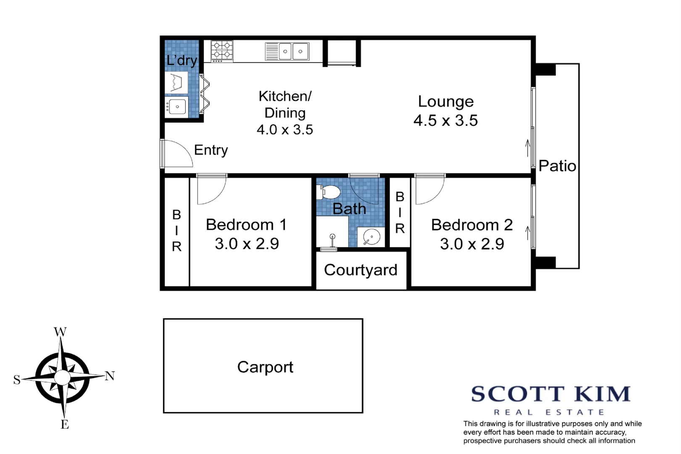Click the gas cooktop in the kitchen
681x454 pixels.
[x=222, y=51]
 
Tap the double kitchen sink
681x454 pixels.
[x=288, y=51]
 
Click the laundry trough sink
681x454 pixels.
[x=176, y=107]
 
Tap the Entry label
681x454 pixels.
[x=211, y=150]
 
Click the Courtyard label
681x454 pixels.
[x=361, y=270]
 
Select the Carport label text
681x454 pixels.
[x=265, y=367]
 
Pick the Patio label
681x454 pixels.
[x=557, y=166]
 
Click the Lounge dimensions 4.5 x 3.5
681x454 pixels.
[x=446, y=121]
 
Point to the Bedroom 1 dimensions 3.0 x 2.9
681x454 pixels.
[x=247, y=244]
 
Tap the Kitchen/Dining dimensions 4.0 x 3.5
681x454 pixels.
[x=285, y=129]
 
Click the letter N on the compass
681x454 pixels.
[x=110, y=375]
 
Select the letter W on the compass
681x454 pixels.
[x=60, y=332]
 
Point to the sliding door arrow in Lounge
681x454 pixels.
[x=528, y=148]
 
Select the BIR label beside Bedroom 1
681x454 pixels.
[x=177, y=230]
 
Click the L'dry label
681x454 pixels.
[x=182, y=60]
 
